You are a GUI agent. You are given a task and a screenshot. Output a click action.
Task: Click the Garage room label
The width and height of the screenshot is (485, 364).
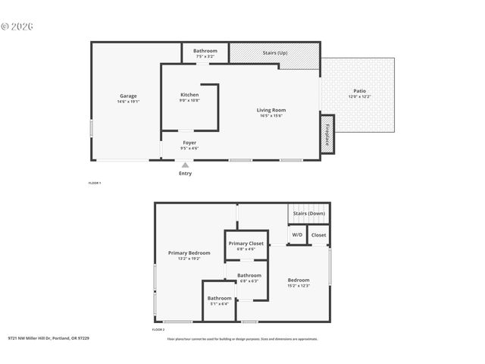[x=128, y=96]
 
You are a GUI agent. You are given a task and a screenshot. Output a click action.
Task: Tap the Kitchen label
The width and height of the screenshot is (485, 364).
[x=189, y=95]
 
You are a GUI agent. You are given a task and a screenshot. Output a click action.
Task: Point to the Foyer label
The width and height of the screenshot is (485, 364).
[x=189, y=143]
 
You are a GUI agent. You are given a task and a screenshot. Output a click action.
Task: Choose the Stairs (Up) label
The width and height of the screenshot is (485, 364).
[x=275, y=53]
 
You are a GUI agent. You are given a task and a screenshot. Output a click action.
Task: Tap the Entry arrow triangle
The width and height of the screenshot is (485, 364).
[x=185, y=165]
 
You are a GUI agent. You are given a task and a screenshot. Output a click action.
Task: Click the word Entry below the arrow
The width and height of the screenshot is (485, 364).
[x=185, y=174]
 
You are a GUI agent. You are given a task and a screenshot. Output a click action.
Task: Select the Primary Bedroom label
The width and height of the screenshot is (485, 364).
[x=189, y=253]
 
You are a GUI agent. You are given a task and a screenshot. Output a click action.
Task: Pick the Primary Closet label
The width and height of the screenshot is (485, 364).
[x=247, y=243]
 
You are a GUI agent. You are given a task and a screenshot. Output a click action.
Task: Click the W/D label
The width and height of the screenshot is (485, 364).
[x=297, y=235]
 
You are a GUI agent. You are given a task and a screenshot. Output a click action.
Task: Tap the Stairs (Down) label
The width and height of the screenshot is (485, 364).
[x=309, y=214]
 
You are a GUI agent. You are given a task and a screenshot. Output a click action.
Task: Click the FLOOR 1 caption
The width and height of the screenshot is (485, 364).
[x=95, y=184]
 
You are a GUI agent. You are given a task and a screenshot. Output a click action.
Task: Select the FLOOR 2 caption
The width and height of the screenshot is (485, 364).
[x=158, y=330]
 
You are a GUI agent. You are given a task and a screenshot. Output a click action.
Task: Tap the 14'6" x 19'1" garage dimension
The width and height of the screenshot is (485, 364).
[x=128, y=102]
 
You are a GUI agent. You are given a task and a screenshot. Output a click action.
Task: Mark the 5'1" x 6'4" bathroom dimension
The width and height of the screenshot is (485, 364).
[x=220, y=304]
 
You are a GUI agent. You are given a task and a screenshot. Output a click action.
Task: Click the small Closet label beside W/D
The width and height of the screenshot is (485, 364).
[x=319, y=235]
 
